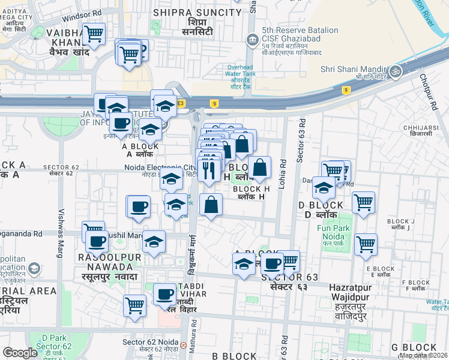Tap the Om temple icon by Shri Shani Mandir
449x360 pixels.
pos(395,71)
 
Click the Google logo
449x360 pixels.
pos(20,353)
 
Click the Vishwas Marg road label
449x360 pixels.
pos(60,233)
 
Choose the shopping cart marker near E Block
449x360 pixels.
pos(365,244)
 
